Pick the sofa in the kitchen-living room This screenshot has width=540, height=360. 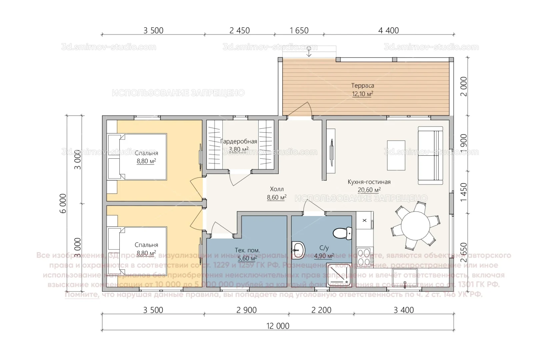(430, 155)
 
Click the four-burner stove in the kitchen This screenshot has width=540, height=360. (365, 257)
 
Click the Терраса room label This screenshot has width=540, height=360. (362, 86)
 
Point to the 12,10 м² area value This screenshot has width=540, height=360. (362, 94)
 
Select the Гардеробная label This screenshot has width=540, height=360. (239, 141)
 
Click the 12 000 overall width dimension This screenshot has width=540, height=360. (278, 326)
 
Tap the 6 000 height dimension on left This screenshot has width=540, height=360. (63, 203)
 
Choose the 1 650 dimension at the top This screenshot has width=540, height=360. (299, 30)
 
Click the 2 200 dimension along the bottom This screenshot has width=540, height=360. (321, 310)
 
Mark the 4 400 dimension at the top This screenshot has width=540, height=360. (388, 30)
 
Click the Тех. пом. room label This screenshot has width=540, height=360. (247, 250)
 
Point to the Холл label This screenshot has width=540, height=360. (277, 189)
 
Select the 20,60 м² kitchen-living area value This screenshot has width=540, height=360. (369, 190)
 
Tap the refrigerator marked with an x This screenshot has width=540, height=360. (364, 220)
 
